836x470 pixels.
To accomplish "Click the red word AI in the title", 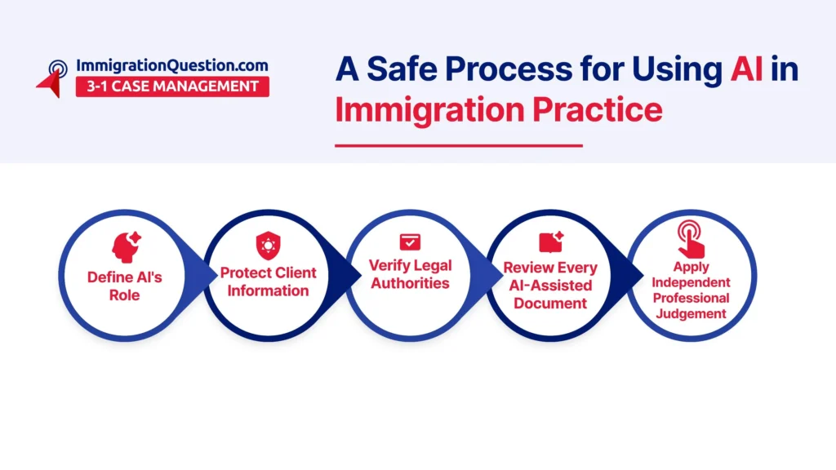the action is tap(746, 69).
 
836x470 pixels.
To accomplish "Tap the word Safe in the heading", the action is tap(402, 69).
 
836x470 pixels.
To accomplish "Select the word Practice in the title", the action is tap(597, 109).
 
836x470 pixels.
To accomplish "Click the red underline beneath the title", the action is tap(459, 145).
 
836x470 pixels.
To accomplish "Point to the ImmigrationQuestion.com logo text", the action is tap(172, 65).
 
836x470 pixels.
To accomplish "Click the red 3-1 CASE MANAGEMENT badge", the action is tap(172, 86).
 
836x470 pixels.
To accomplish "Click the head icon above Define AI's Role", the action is tap(126, 247).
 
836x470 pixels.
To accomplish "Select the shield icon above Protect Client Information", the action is tap(268, 246).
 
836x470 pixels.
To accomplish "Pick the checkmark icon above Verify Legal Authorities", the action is tap(410, 242).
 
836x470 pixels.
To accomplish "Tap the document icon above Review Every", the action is tap(551, 242).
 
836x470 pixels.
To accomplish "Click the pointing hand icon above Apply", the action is tap(691, 239).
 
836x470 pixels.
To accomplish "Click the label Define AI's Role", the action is tap(125, 286).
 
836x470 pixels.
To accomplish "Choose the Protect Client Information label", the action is tap(268, 282).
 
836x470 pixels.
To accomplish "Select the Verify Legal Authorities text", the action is tap(410, 274).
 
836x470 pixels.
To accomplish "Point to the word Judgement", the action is tap(691, 314).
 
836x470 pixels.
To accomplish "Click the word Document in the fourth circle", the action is tap(550, 304).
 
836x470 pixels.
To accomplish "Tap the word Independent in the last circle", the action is tap(691, 282).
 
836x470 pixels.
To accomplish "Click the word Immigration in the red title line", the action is tap(429, 110).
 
